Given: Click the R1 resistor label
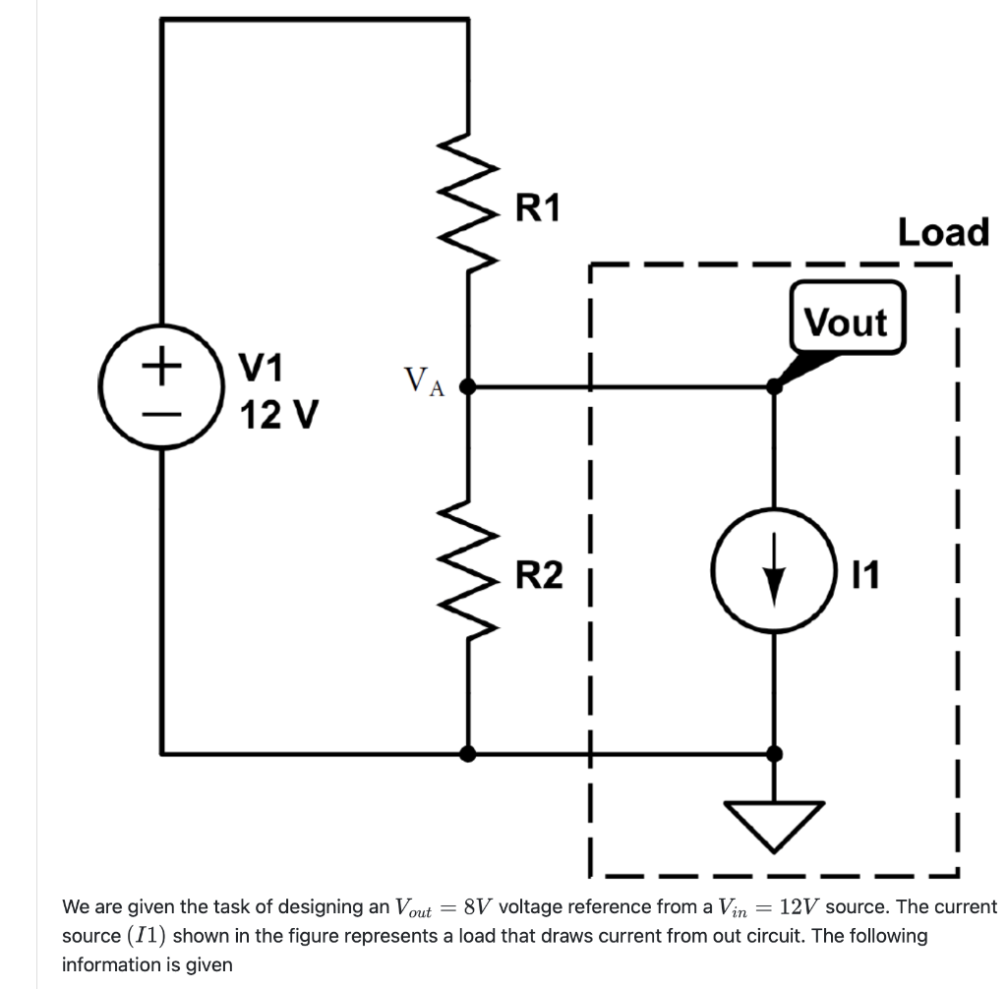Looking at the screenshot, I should (x=538, y=207).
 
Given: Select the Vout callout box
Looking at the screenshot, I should (x=845, y=321).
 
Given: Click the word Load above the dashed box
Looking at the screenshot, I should (x=942, y=233).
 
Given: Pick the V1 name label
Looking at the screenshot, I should (x=264, y=369).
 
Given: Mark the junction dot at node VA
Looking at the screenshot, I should (x=469, y=387).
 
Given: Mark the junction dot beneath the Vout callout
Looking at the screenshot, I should (x=775, y=387).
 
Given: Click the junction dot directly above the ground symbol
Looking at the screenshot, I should (x=775, y=754).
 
